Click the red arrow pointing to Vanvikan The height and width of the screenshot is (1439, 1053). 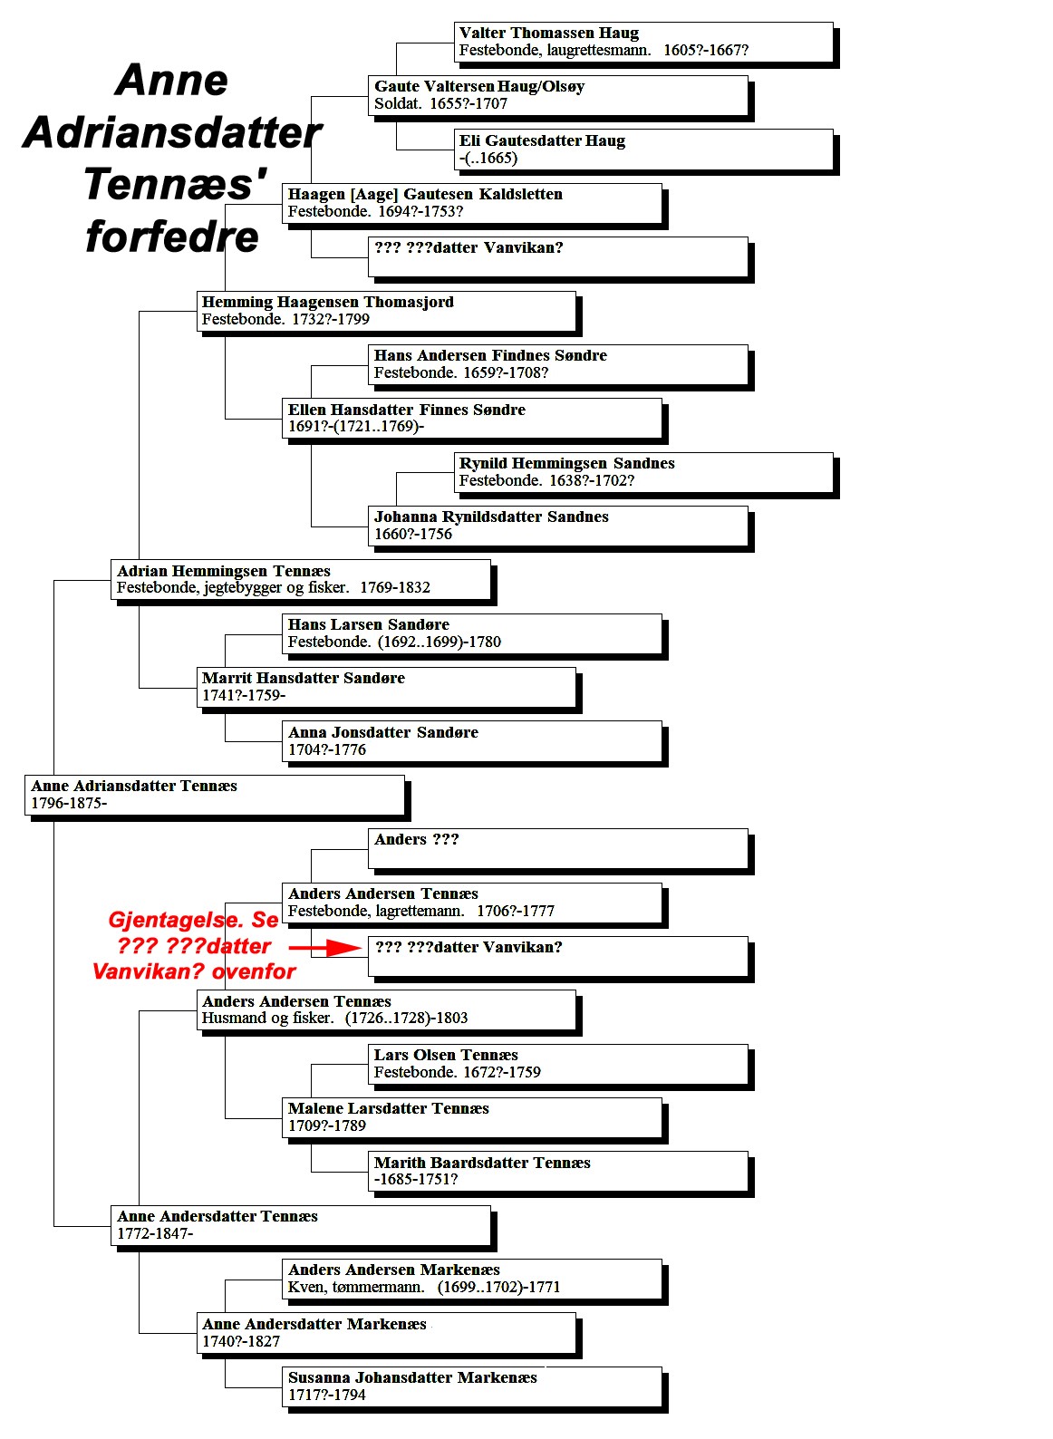click(x=324, y=947)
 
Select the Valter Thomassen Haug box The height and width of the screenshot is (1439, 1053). click(x=646, y=44)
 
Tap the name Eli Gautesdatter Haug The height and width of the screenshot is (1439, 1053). click(x=542, y=140)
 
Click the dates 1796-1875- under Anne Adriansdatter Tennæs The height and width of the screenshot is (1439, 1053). click(x=69, y=802)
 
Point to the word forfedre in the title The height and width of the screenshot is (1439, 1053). click(x=172, y=237)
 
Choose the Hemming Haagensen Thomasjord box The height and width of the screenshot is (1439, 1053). click(x=389, y=314)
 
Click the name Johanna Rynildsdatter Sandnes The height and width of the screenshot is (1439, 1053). click(x=491, y=517)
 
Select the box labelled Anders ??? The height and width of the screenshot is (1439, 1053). click(x=560, y=851)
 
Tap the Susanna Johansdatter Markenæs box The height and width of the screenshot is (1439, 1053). click(x=474, y=1389)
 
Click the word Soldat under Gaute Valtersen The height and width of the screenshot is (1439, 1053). click(x=397, y=103)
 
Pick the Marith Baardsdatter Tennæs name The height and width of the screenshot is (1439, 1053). click(x=482, y=1162)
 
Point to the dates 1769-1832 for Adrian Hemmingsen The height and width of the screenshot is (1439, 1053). click(x=394, y=587)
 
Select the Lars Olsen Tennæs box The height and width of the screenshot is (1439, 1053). click(x=560, y=1067)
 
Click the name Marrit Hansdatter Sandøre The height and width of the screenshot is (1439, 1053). click(x=304, y=678)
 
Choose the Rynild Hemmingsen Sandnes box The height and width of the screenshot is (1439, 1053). click(x=646, y=476)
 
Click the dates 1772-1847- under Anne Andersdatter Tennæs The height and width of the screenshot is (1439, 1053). click(x=155, y=1232)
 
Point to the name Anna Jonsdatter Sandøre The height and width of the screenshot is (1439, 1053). click(x=383, y=732)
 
